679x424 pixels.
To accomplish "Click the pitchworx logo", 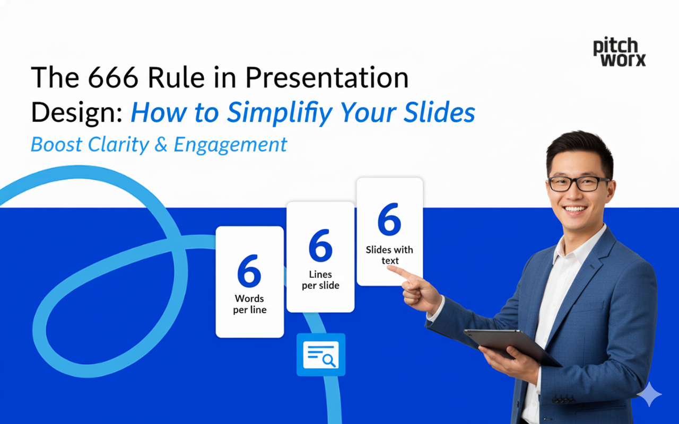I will pos(619,52).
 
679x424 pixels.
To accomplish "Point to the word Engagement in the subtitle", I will pos(230,144).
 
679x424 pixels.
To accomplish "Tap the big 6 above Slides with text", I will pos(389,220).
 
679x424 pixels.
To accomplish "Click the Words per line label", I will pos(249,304).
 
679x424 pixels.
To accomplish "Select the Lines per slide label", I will pos(320,280).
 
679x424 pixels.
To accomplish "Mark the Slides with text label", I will pos(389,255).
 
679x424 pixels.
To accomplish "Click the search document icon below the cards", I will pos(320,355).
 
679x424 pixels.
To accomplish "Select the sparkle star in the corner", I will pos(649,394).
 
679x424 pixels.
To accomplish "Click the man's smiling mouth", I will pos(576,209).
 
